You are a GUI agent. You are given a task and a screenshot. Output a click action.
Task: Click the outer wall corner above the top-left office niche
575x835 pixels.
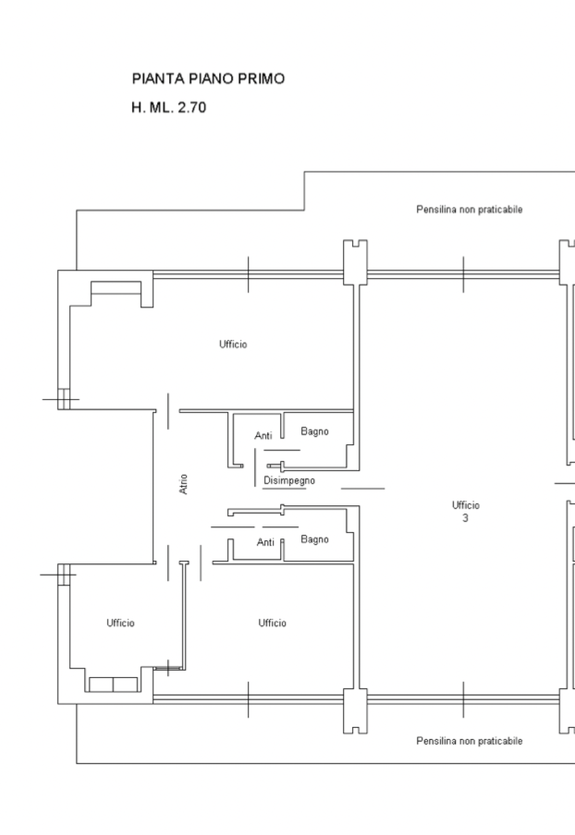click(x=58, y=270)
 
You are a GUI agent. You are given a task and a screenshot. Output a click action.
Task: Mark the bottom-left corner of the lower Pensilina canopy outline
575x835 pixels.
click(x=76, y=763)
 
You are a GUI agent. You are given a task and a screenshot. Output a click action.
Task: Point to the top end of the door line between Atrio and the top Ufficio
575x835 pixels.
click(x=168, y=393)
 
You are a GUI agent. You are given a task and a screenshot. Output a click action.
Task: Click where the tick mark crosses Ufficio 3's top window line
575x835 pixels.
click(x=464, y=274)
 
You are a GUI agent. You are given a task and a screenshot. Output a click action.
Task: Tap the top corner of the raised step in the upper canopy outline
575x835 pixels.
click(x=304, y=172)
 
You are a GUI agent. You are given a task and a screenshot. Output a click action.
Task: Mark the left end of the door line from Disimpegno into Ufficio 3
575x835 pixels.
click(x=341, y=489)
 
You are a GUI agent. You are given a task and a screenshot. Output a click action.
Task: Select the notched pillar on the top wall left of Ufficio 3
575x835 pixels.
click(x=355, y=262)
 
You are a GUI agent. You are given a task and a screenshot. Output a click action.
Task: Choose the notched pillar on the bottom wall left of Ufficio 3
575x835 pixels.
click(x=355, y=711)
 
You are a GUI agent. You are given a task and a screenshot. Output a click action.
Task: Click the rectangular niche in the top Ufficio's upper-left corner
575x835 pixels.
click(x=116, y=287)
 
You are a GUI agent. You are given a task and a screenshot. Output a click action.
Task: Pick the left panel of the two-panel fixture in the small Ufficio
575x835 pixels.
click(x=101, y=684)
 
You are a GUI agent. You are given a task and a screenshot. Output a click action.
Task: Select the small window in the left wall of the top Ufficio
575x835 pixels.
click(x=64, y=399)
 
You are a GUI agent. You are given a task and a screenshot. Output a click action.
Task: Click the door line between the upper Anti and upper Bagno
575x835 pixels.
click(x=282, y=450)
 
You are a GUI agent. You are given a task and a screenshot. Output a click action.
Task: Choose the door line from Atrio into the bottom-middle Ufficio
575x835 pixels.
click(x=201, y=563)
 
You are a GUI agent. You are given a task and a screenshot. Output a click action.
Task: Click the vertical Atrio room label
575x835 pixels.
click(x=184, y=484)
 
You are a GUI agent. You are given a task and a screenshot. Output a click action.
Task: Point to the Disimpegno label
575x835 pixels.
click(x=289, y=480)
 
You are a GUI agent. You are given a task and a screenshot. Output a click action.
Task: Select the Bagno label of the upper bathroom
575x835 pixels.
click(x=315, y=432)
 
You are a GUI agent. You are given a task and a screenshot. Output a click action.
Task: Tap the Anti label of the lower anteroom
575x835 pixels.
click(x=266, y=542)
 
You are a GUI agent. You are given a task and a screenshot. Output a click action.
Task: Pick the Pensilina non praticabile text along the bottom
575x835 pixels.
click(x=470, y=741)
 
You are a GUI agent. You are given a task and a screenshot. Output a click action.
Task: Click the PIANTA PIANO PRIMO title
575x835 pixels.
click(x=208, y=79)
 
